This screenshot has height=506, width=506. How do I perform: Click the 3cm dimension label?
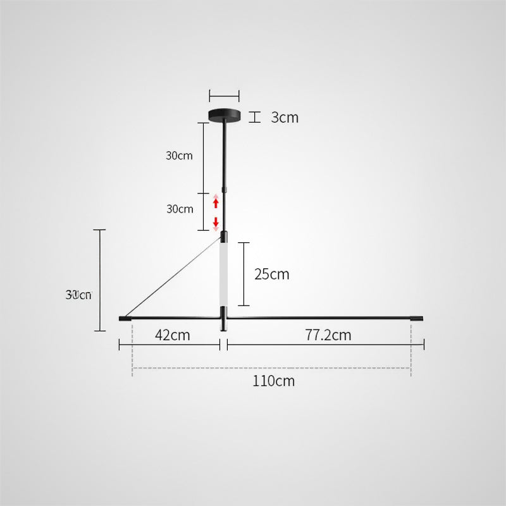click(285, 118)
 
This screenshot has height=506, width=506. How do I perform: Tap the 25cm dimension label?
click(271, 274)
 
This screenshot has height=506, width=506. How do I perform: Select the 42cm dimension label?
click(172, 335)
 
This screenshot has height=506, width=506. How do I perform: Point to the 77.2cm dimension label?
click(328, 335)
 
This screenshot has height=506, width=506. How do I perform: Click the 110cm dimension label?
click(274, 381)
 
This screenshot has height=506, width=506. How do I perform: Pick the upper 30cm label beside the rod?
click(180, 156)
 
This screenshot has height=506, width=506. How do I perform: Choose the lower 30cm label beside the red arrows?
click(180, 209)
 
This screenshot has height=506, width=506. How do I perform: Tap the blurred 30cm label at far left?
click(79, 295)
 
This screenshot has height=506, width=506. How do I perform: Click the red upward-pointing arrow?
click(216, 203)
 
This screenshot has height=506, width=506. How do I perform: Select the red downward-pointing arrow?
click(216, 222)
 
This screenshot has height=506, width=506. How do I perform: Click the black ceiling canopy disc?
click(225, 115)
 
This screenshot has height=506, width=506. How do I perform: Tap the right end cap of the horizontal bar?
click(418, 318)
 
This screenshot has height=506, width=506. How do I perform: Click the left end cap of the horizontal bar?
click(125, 318)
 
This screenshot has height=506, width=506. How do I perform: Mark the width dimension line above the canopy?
click(225, 96)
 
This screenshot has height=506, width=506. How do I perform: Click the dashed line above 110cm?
click(272, 368)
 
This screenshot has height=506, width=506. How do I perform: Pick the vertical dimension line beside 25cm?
click(244, 273)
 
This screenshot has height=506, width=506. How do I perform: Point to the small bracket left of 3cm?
click(255, 117)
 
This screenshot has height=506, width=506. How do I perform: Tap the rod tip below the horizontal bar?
click(223, 325)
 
